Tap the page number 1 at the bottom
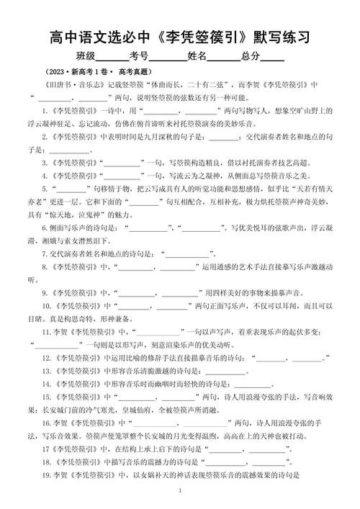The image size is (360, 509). pyautogui.click(x=179, y=491)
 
